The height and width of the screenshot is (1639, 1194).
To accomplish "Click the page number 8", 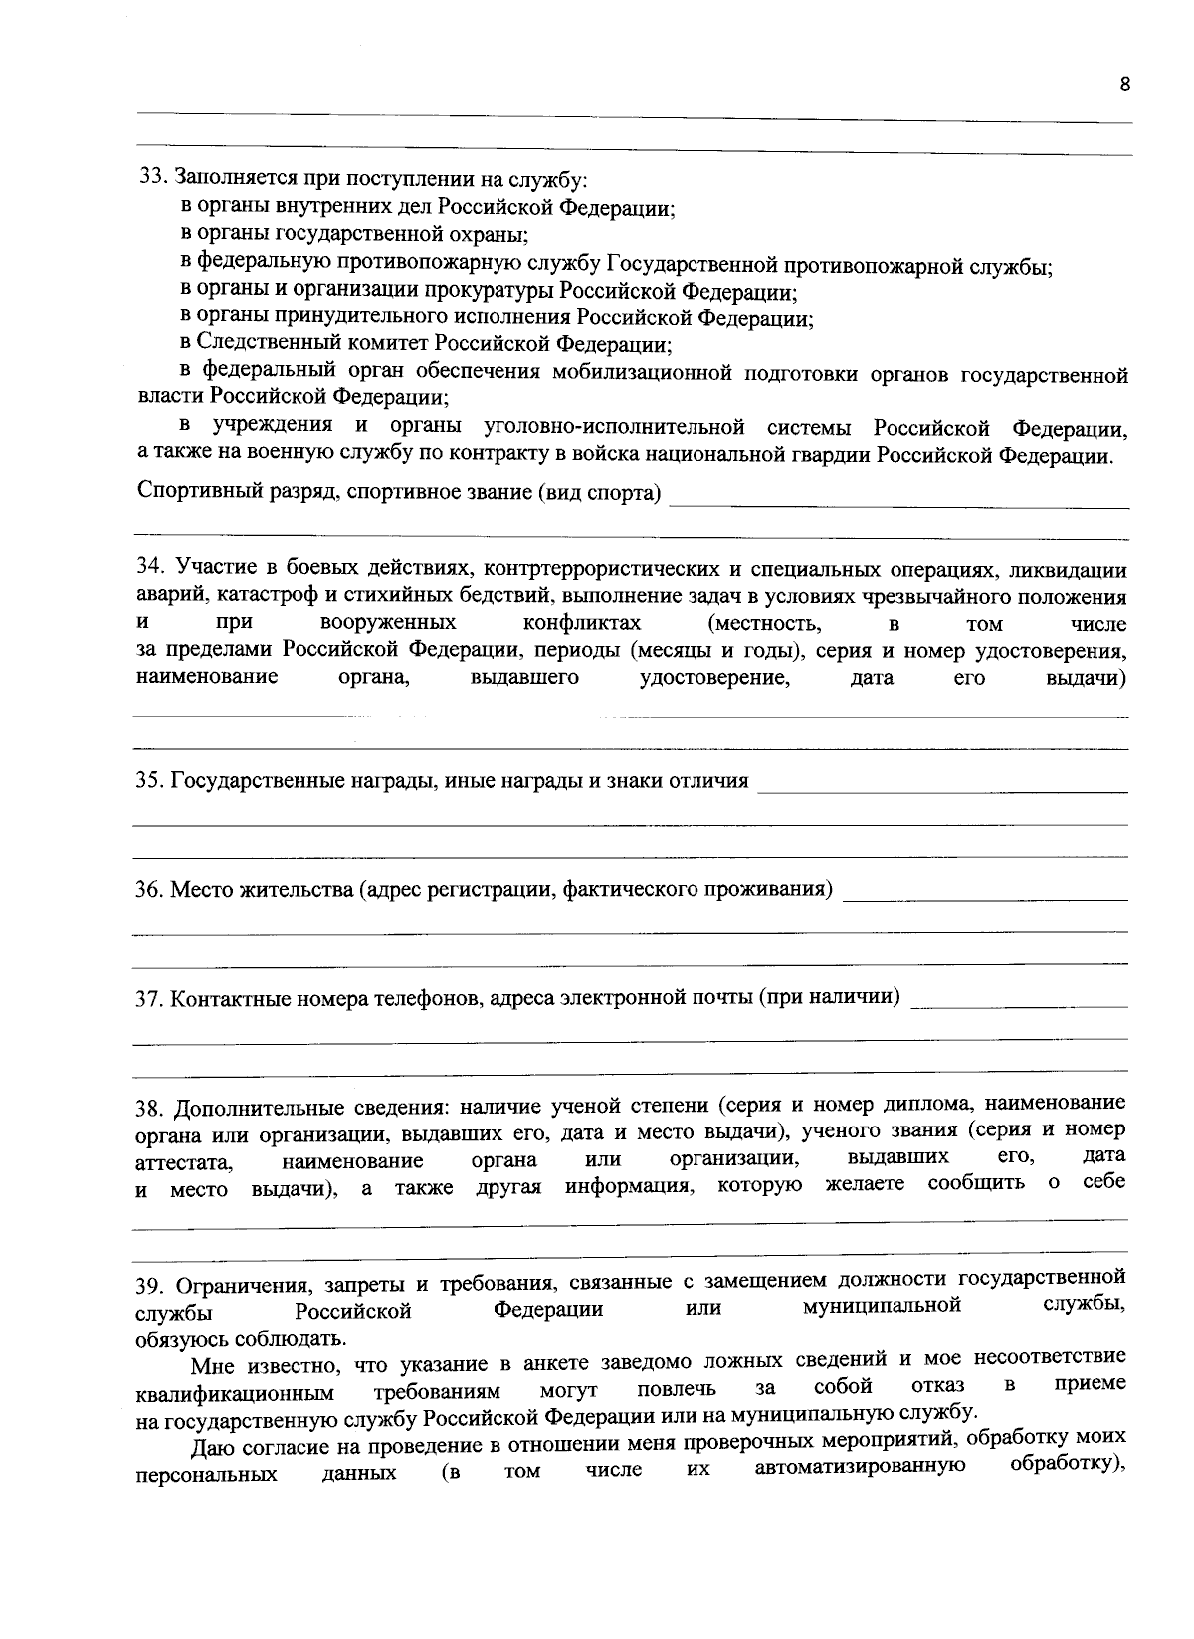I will pyautogui.click(x=1124, y=85).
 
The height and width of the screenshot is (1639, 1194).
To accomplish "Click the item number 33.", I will pyautogui.click(x=150, y=178).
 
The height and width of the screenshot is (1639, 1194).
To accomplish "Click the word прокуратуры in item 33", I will pyautogui.click(x=490, y=292).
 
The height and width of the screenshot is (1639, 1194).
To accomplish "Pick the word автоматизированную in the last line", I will pyautogui.click(x=861, y=1466).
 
